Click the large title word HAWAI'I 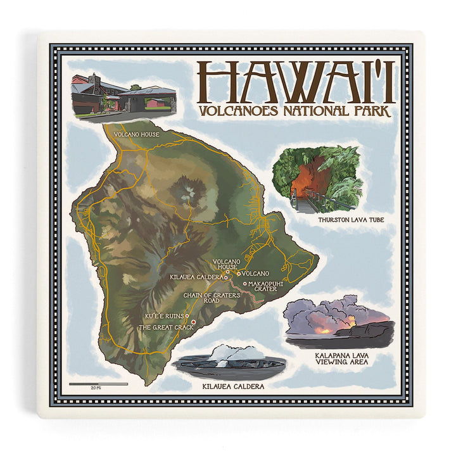[296, 83]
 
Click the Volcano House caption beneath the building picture [136, 134]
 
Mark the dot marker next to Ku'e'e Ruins [187, 315]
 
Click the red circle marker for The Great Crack [193, 322]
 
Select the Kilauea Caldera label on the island [196, 277]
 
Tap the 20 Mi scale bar [98, 384]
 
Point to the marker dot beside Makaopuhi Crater [244, 284]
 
